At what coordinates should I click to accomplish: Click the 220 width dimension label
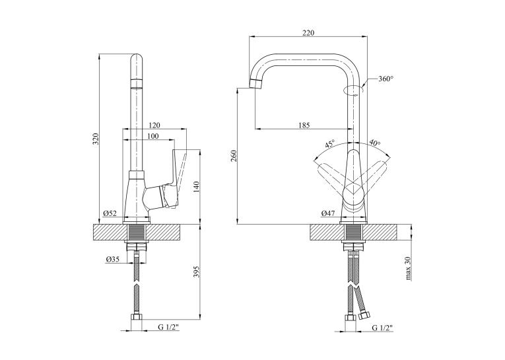pyautogui.click(x=308, y=32)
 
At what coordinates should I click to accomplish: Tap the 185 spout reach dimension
pyautogui.click(x=304, y=125)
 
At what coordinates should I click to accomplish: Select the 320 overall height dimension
pyautogui.click(x=96, y=139)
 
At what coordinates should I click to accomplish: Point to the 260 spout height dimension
pyautogui.click(x=234, y=156)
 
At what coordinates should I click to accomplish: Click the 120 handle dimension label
pyautogui.click(x=154, y=125)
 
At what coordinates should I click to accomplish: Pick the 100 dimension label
pyautogui.click(x=152, y=136)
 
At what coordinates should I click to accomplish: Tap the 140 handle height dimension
pyautogui.click(x=197, y=187)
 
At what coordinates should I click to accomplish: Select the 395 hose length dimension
pyautogui.click(x=197, y=271)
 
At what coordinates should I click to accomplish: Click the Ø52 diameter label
pyautogui.click(x=110, y=213)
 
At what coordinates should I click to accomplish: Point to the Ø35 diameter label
pyautogui.click(x=112, y=259)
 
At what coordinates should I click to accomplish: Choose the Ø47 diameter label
pyautogui.click(x=328, y=213)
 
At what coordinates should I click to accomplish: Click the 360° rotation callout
pyautogui.click(x=386, y=79)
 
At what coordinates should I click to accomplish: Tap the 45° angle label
pyautogui.click(x=330, y=143)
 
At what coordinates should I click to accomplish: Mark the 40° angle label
pyautogui.click(x=374, y=142)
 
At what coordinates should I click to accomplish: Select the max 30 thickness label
pyautogui.click(x=409, y=268)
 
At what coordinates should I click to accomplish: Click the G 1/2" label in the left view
pyautogui.click(x=168, y=328)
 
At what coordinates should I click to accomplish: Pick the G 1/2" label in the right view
pyautogui.click(x=382, y=328)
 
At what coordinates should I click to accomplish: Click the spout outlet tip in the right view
pyautogui.click(x=255, y=83)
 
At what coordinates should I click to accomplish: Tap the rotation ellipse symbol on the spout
pyautogui.click(x=353, y=90)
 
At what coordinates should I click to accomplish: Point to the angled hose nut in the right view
pyautogui.click(x=365, y=314)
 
